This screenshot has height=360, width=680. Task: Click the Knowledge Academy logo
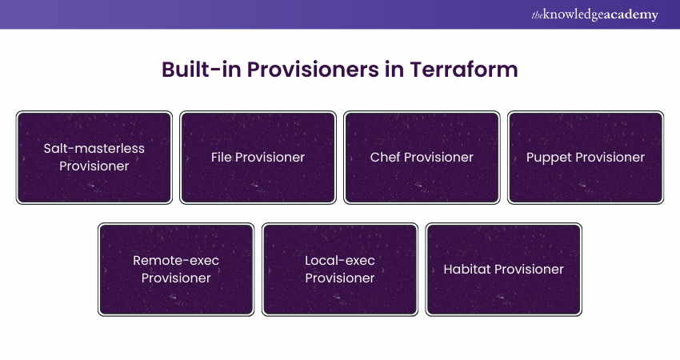[x=594, y=14]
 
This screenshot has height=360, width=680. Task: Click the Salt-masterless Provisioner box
[x=94, y=157]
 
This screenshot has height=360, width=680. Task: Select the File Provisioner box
[x=258, y=157]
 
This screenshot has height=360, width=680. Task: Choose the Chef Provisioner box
[x=422, y=157]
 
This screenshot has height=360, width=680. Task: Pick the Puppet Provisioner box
[x=586, y=157]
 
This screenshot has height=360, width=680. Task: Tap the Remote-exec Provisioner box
[x=176, y=269]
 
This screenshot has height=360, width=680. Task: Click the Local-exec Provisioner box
[x=340, y=269]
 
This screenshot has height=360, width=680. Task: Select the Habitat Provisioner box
[x=504, y=269]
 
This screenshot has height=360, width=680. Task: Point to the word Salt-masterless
[x=94, y=148]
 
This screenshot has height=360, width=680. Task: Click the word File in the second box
[x=222, y=158]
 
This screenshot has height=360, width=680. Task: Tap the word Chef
[x=385, y=158]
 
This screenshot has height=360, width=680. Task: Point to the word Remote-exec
[x=176, y=260]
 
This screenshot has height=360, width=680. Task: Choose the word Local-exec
[x=340, y=260]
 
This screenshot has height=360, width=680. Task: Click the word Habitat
[x=467, y=270]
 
